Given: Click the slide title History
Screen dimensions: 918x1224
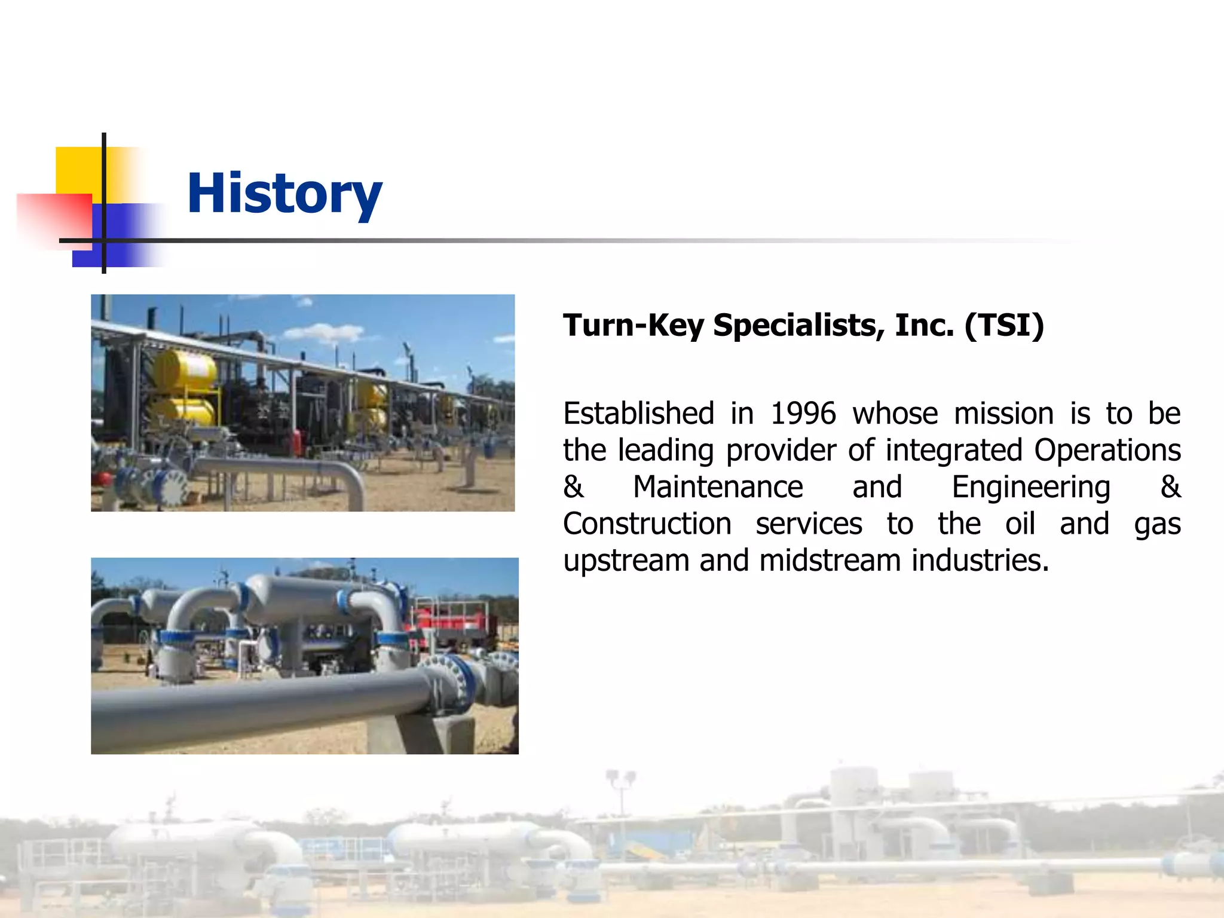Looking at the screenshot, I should tap(284, 194).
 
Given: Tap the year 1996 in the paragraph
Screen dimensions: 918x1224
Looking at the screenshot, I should tap(803, 414).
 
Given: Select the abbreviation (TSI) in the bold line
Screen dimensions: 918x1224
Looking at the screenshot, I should tap(1004, 326).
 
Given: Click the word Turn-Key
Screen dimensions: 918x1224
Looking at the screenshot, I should tap(633, 326).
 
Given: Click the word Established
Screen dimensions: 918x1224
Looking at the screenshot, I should tap(638, 414).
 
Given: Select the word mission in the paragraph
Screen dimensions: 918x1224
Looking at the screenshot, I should tap(1003, 414).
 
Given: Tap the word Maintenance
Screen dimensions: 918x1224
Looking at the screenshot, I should tap(718, 487).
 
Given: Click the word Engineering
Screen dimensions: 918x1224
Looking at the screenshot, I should tap(1031, 487).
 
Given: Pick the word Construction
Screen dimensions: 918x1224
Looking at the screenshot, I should tap(647, 524).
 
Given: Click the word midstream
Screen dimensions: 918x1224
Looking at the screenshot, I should tap(830, 561).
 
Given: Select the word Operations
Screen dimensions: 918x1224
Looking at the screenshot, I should tap(1107, 450).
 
